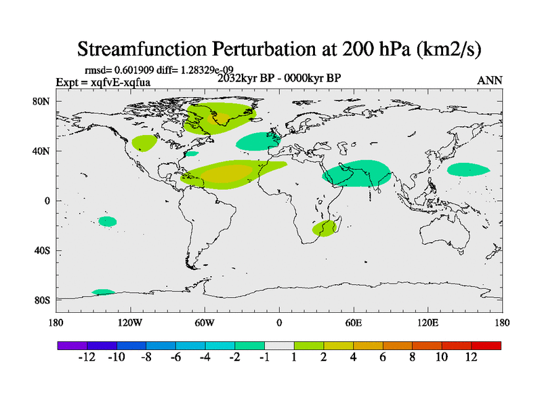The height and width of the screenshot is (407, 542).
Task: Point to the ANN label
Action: coord(490,80)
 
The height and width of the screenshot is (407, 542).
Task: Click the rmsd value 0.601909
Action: coord(135,71)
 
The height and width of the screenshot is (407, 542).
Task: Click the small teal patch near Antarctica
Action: coord(103,292)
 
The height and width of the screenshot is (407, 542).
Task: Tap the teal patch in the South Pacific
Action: coord(107,221)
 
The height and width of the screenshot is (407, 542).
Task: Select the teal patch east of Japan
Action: coord(467,169)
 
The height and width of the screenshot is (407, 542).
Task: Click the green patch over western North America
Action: coord(144,142)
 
